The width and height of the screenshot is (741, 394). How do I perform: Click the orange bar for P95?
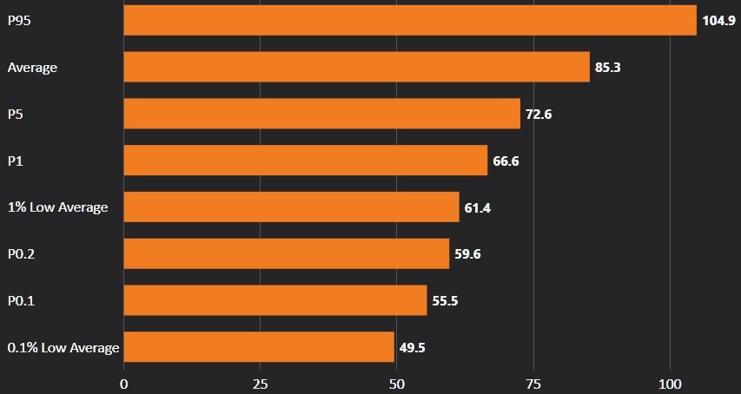[410, 20]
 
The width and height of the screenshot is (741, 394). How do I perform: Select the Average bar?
[356, 67]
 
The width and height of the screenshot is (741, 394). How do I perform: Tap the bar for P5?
[321, 114]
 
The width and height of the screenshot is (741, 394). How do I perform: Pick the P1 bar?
[306, 161]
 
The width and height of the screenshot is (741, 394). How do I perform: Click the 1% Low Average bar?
[291, 207]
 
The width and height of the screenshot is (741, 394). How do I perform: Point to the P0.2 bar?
[287, 254]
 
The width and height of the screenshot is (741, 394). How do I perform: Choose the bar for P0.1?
[275, 301]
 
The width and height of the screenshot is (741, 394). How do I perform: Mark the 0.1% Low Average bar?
[259, 347]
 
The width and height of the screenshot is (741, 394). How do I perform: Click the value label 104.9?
[718, 20]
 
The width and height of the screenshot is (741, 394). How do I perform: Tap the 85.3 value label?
[607, 67]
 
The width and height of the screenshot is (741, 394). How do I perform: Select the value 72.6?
[539, 114]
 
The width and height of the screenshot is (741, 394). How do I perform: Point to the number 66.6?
[506, 161]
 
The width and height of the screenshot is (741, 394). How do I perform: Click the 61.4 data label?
[477, 207]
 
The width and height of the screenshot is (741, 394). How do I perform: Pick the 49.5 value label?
[412, 348]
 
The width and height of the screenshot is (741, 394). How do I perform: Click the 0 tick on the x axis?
[124, 383]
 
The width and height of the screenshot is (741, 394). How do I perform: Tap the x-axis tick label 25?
[261, 383]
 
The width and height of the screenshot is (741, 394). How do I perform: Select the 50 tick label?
[397, 383]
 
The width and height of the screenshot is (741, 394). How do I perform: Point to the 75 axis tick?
[533, 383]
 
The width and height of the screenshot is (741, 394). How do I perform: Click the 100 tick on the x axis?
[670, 383]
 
